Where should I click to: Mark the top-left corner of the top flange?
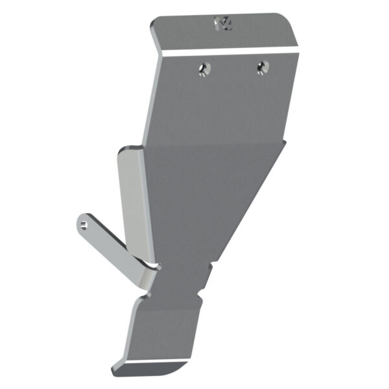(x=153, y=25)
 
